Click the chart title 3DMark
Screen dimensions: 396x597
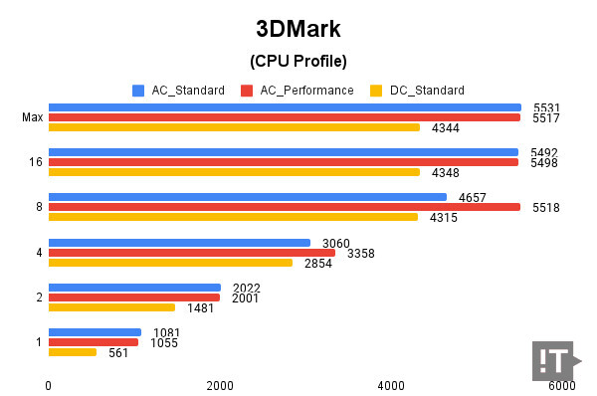click(x=298, y=27)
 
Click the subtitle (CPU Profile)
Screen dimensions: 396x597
click(x=298, y=62)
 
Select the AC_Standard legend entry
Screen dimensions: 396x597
click(x=178, y=91)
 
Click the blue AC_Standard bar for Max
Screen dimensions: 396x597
click(x=285, y=107)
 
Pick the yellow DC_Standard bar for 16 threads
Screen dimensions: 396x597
click(x=234, y=172)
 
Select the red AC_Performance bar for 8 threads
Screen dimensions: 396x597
click(x=285, y=207)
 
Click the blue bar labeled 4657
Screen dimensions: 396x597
click(x=248, y=197)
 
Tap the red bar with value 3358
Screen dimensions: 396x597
click(x=192, y=252)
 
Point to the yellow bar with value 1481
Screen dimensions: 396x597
click(x=111, y=307)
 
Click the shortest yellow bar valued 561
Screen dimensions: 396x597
click(x=73, y=352)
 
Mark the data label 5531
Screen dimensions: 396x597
click(x=543, y=107)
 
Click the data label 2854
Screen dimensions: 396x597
click(x=317, y=263)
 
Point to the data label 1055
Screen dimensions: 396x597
click(x=163, y=342)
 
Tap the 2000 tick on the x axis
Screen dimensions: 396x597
click(x=220, y=385)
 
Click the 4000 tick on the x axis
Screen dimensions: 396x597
click(x=391, y=385)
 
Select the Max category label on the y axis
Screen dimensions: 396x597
click(x=32, y=117)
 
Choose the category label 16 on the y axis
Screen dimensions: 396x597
click(x=35, y=162)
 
